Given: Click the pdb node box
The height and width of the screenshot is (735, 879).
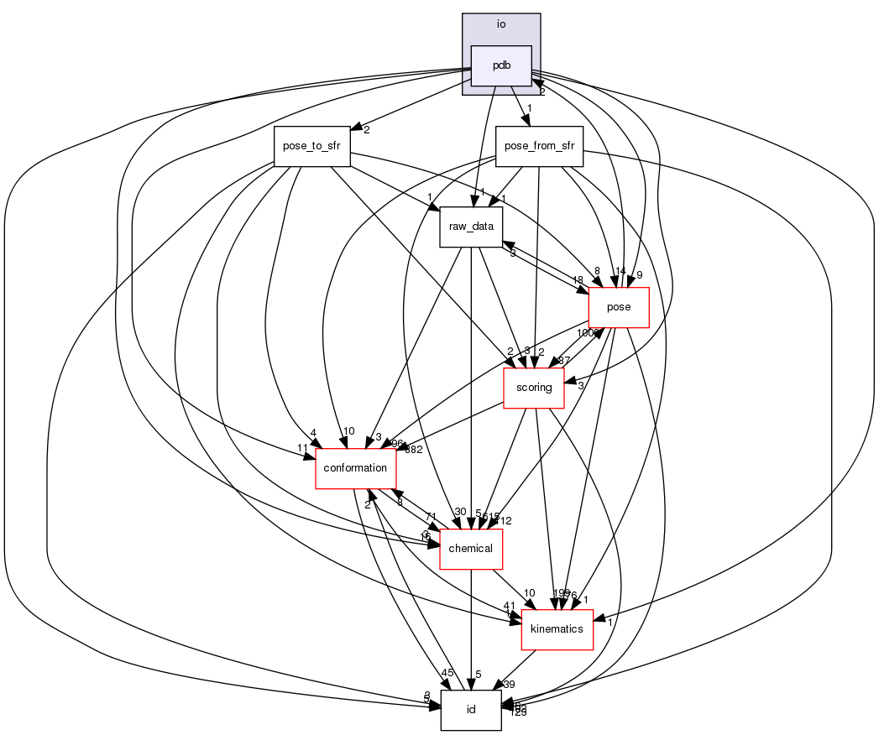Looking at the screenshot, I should point(501,65).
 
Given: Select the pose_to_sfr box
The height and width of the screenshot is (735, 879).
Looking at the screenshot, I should point(311,146).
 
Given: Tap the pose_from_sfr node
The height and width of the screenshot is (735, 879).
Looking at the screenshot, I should point(539,146).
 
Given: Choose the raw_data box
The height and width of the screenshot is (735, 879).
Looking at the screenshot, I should point(471,227).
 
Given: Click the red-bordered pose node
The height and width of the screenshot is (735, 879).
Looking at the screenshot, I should point(619,307).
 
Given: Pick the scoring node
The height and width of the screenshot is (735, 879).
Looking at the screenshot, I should point(533,388).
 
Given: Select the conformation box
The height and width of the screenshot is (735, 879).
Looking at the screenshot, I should point(355,467).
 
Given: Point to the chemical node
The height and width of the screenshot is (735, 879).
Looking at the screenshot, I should point(471,549).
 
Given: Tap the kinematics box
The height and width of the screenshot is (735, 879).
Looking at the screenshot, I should point(557,629).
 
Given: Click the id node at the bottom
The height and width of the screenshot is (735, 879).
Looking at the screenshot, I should point(471,710).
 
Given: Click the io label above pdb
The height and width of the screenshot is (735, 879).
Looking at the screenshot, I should point(501,23).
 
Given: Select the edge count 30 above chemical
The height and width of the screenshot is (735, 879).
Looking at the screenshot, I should point(459,512).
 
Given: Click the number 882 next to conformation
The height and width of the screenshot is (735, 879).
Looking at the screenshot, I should point(414,450).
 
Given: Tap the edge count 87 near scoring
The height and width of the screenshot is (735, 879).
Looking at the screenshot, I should point(564,360).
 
